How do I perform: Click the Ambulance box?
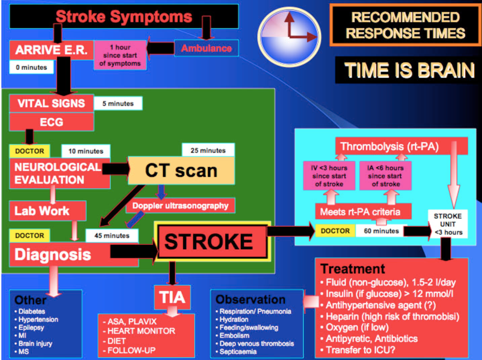pyautogui.click(x=206, y=48)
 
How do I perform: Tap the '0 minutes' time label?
pyautogui.click(x=32, y=67)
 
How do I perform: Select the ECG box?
pyautogui.click(x=52, y=122)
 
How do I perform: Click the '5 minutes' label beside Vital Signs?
pyautogui.click(x=118, y=104)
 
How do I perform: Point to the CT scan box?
pyautogui.click(x=181, y=171)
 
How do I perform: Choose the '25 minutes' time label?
pyautogui.click(x=208, y=151)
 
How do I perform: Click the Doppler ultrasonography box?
pyautogui.click(x=180, y=206)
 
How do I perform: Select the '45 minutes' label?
pyautogui.click(x=112, y=236)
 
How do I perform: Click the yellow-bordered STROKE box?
pyautogui.click(x=212, y=242)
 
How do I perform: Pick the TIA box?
pyautogui.click(x=172, y=297)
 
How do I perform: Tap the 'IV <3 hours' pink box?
pyautogui.click(x=329, y=176)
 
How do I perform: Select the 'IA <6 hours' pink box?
pyautogui.click(x=385, y=176)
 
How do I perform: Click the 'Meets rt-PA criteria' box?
pyautogui.click(x=360, y=212)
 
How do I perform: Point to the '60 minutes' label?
pyautogui.click(x=381, y=231)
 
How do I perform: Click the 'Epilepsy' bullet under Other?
pyautogui.click(x=31, y=327)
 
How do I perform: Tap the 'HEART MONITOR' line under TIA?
pyautogui.click(x=141, y=331)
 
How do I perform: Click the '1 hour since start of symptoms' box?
pyautogui.click(x=120, y=55)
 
